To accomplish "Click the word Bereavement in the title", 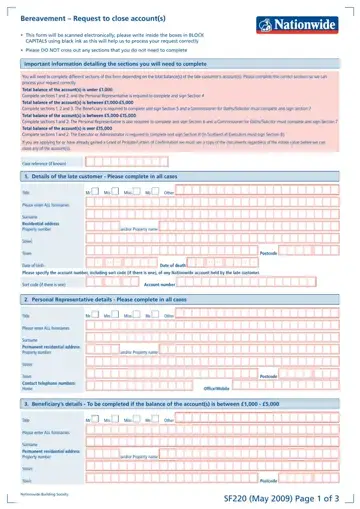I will tap(41, 17).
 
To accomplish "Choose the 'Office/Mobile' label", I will tap(217, 388).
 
